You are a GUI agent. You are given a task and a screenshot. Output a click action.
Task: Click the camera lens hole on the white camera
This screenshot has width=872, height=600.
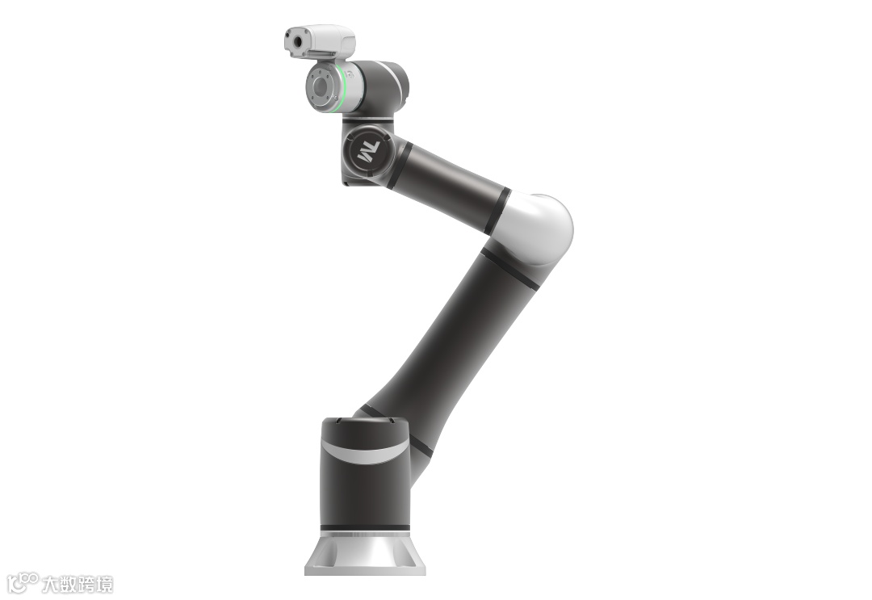tap(297, 41)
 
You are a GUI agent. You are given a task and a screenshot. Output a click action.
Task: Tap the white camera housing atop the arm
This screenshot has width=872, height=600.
tap(320, 40)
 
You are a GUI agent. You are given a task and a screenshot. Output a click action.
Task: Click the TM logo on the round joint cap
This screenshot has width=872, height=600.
tap(368, 152)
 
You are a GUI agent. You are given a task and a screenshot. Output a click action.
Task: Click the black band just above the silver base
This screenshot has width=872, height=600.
tap(365, 527)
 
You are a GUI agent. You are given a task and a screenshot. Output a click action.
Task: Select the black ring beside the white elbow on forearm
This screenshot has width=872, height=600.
tap(497, 211)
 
